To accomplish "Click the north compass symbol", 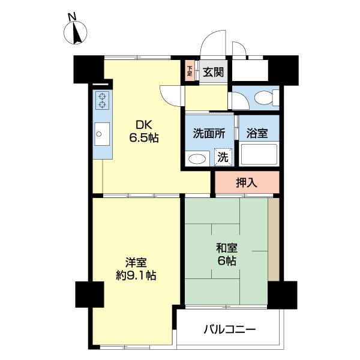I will (x=76, y=30).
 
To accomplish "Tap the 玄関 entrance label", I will (x=212, y=73).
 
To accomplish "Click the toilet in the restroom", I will (x=265, y=97).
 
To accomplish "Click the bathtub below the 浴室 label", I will (x=259, y=155).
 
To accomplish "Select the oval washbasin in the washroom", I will (x=196, y=159).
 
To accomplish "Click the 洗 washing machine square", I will (x=223, y=158).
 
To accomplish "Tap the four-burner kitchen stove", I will (x=103, y=101).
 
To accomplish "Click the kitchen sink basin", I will (x=101, y=133).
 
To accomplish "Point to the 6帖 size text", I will (x=226, y=261).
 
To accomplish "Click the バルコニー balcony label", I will (x=230, y=329).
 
